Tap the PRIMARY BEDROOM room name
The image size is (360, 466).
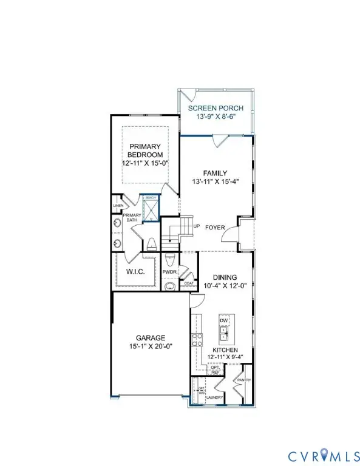coord(144,150)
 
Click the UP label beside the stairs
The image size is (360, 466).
coord(196,226)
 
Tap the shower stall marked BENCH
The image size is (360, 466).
coord(149,209)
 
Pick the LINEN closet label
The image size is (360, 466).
coord(118,206)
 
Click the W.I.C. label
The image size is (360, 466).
coord(134,271)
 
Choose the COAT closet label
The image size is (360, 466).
coord(190,283)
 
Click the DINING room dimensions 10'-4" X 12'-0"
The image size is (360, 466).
coord(225,285)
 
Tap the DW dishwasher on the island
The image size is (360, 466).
coord(224,320)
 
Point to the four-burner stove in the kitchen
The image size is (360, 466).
coord(197,340)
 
